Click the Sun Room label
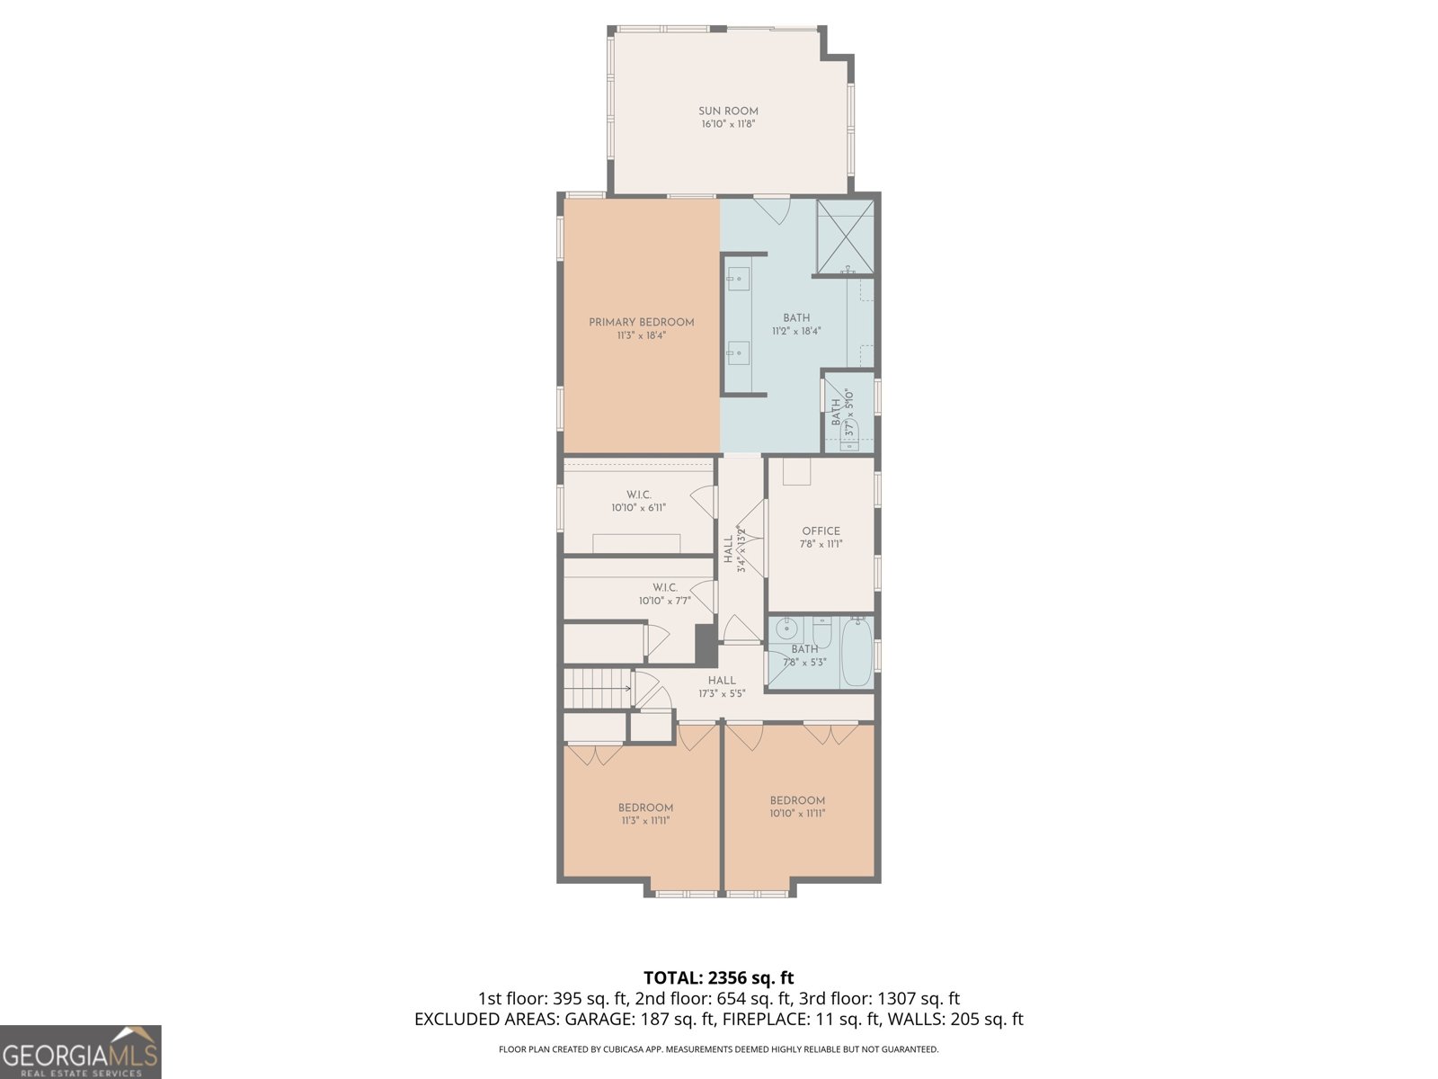click(x=728, y=111)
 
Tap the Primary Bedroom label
click(x=642, y=322)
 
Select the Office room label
click(x=821, y=531)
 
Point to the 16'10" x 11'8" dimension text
click(x=728, y=124)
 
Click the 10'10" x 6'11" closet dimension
click(x=639, y=507)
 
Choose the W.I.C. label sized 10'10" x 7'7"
click(x=665, y=587)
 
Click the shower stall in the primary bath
click(x=845, y=237)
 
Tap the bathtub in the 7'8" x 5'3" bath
click(x=857, y=652)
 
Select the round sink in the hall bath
click(x=786, y=629)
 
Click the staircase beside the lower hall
click(x=598, y=688)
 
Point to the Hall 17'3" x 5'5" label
click(x=722, y=687)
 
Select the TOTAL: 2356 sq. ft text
click(x=719, y=977)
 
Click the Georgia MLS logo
click(x=81, y=1051)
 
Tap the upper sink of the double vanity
click(x=739, y=279)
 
